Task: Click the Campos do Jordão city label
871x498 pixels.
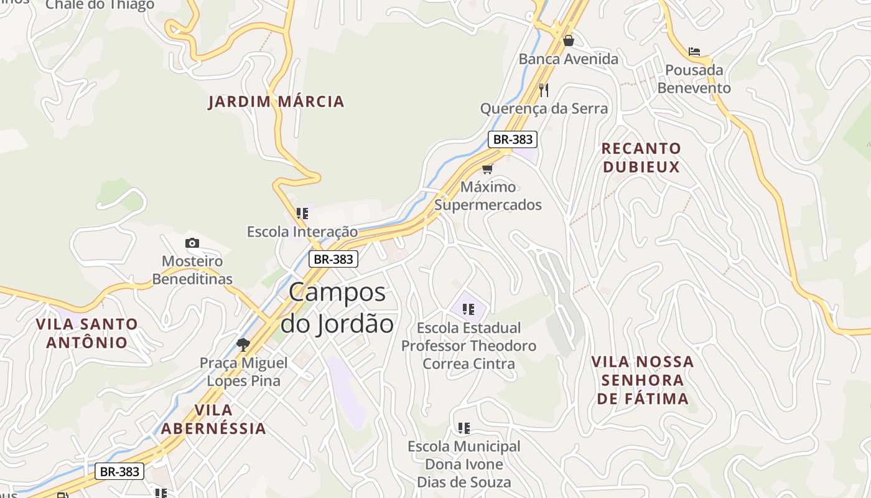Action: [337, 308]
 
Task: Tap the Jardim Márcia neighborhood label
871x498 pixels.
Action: [276, 101]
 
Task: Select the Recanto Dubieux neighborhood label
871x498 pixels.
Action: [641, 157]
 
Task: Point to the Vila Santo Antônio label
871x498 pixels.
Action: [86, 333]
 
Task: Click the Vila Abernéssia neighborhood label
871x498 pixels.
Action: [213, 419]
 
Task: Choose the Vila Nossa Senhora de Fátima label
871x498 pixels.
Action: [643, 380]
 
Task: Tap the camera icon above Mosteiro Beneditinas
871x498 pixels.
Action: [192, 243]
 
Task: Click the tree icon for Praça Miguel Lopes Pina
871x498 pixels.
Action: [243, 344]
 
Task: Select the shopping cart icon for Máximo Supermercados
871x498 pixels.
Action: [488, 169]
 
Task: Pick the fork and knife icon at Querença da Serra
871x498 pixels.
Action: [544, 90]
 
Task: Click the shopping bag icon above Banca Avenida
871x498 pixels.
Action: [568, 40]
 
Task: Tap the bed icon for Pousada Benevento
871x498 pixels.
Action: [694, 51]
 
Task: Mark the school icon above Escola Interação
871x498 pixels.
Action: [302, 214]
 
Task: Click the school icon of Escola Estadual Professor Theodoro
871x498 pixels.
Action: [468, 309]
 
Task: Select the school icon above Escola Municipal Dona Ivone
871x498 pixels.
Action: [464, 428]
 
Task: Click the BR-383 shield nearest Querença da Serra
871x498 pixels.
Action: [512, 139]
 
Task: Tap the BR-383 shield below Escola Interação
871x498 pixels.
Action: [333, 259]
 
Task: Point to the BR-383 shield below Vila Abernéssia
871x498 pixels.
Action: [119, 471]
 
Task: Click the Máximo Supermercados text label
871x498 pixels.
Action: [488, 195]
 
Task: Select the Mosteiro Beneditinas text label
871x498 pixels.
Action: [192, 270]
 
